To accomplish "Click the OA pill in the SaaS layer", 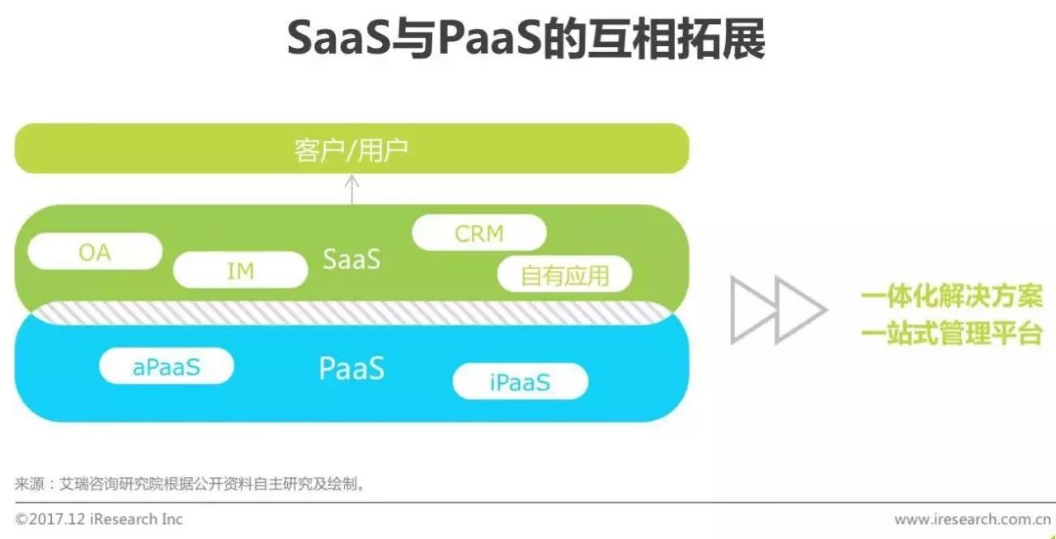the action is click(95, 252).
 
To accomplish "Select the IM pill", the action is click(240, 270).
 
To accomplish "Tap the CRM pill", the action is click(479, 233).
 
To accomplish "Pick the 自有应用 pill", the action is click(565, 274).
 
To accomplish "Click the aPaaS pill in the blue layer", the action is click(167, 366).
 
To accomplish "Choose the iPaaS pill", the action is click(521, 381).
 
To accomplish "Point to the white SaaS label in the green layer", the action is click(351, 259).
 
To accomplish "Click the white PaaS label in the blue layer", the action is click(351, 368).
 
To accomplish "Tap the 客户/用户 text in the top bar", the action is click(351, 150).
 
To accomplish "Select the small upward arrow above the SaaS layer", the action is click(351, 189).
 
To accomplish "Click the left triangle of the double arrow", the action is click(753, 310).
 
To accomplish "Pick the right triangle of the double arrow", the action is click(801, 310).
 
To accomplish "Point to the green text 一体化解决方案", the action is click(952, 296).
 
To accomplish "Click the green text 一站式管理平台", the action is click(952, 333).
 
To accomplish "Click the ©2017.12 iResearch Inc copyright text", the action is click(99, 519).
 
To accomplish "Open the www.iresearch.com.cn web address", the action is click(973, 519).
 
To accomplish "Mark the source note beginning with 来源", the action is click(191, 484).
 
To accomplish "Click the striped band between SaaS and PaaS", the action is click(351, 313).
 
